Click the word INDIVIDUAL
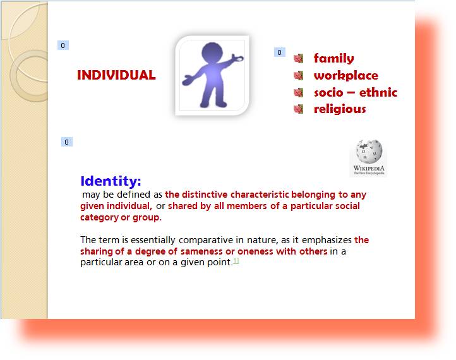(x=116, y=75)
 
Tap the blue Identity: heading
(x=111, y=181)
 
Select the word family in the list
(x=334, y=58)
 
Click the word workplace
(x=346, y=76)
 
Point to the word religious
(x=340, y=109)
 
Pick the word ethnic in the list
(x=378, y=92)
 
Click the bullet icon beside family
(x=298, y=59)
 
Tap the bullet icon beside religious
(x=298, y=109)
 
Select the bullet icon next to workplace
(x=298, y=76)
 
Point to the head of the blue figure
(x=212, y=52)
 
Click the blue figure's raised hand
(x=238, y=57)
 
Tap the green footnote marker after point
(x=236, y=261)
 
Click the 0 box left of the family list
(x=280, y=52)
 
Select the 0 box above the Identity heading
(x=66, y=142)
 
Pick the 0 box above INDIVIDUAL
(x=63, y=45)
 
